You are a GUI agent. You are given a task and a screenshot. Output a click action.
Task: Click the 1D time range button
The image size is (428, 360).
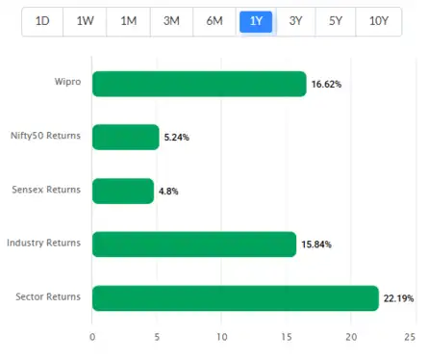tap(42, 21)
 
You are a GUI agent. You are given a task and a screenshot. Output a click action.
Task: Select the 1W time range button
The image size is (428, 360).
tap(85, 21)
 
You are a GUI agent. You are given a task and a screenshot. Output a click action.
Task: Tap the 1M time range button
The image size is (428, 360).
tap(128, 21)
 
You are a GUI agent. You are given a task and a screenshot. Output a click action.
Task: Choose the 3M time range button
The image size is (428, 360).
tap(171, 21)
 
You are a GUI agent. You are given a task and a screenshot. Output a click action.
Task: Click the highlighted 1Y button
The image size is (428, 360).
tap(256, 21)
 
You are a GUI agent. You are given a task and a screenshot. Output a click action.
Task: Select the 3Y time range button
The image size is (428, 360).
tap(296, 21)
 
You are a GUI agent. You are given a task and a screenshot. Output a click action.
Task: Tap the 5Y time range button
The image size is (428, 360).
tap(335, 21)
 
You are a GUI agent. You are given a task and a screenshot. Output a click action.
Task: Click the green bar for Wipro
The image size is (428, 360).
tap(198, 84)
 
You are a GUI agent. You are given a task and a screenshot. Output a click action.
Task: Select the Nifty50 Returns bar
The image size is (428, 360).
tap(125, 138)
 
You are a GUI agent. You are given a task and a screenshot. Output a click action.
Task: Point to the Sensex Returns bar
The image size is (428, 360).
tap(122, 191)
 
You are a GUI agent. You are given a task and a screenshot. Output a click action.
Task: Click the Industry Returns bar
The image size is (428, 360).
tap(193, 244)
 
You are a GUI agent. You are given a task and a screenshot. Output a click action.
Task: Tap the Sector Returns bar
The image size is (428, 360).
tap(235, 298)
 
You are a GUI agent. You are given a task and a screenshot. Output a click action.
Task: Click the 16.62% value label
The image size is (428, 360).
tap(326, 85)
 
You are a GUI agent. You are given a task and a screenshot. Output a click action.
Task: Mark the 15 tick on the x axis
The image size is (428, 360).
tap(286, 337)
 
